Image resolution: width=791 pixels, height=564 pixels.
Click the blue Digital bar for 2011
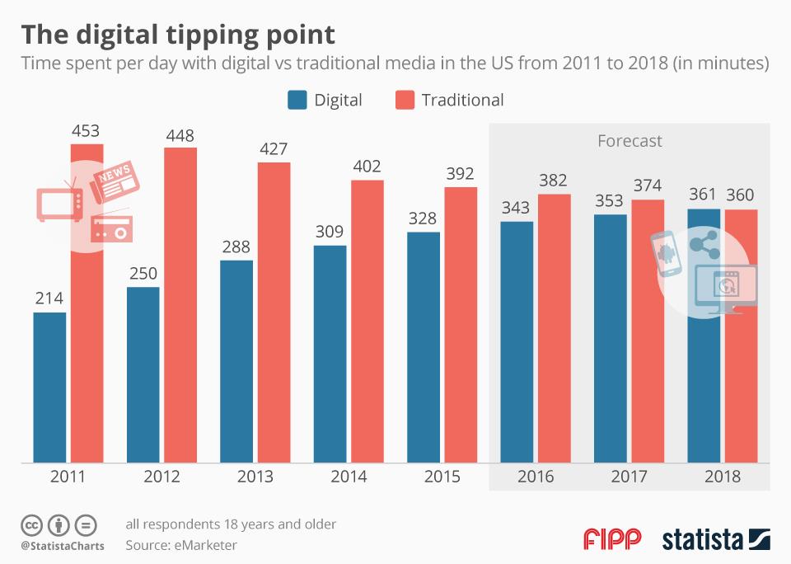(x=49, y=388)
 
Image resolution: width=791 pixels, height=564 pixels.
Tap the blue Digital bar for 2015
(x=424, y=346)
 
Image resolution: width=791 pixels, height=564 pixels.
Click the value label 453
(x=87, y=130)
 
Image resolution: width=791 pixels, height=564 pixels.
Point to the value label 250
(x=143, y=274)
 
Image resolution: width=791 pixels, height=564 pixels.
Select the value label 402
(x=367, y=167)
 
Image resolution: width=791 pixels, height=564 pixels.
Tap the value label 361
(x=704, y=195)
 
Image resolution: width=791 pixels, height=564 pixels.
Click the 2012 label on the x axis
(x=161, y=477)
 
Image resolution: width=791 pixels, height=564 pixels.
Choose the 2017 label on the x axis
(x=629, y=477)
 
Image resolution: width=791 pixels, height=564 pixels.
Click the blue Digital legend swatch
(x=297, y=101)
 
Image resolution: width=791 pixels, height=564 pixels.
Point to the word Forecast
(x=629, y=141)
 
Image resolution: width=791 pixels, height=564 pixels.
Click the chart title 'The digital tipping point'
(x=178, y=35)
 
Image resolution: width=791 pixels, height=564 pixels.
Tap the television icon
(x=59, y=204)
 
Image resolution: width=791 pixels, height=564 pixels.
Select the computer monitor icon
(x=726, y=289)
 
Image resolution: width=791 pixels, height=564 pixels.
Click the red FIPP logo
(x=611, y=539)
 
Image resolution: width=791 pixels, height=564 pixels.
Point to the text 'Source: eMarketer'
(x=181, y=545)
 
